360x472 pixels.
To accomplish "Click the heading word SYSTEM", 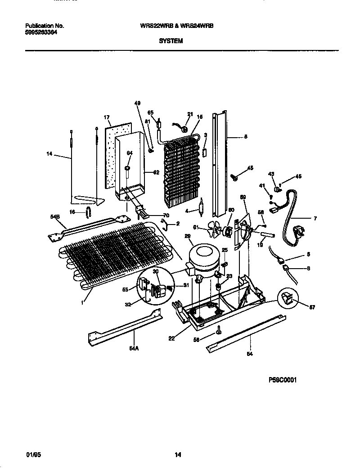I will pyautogui.click(x=171, y=40).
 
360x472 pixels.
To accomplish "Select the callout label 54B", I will pyautogui.click(x=55, y=217).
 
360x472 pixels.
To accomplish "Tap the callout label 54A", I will pyautogui.click(x=135, y=348).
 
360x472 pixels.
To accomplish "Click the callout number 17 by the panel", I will pyautogui.click(x=107, y=117).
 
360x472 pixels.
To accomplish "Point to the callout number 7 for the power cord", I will pyautogui.click(x=315, y=219).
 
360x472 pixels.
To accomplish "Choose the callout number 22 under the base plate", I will pyautogui.click(x=171, y=339).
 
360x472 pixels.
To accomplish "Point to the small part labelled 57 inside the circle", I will pyautogui.click(x=288, y=298).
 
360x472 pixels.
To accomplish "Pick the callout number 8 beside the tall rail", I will pyautogui.click(x=245, y=137).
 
